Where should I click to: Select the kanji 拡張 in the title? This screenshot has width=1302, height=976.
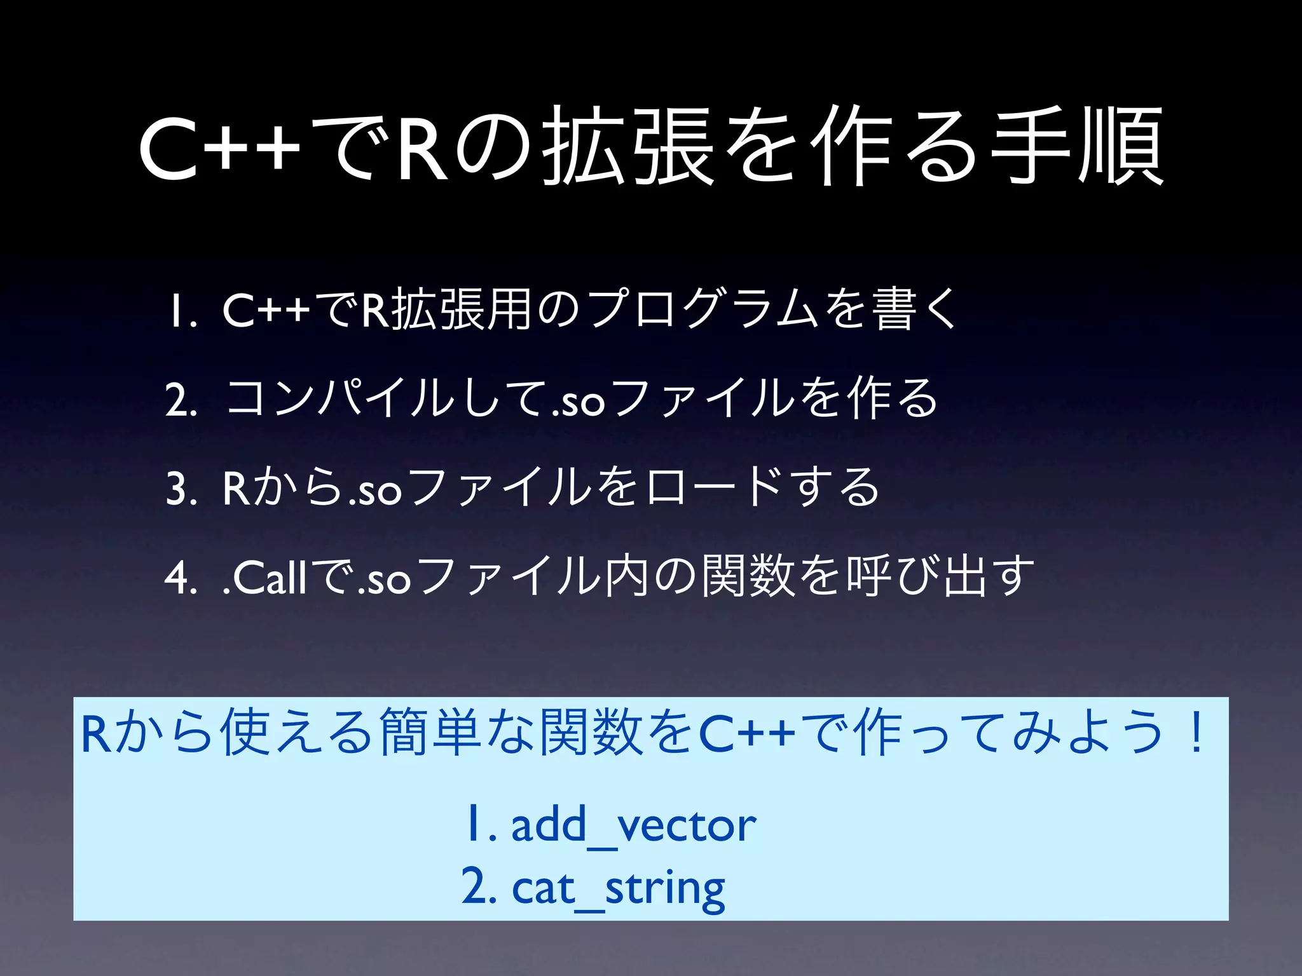point(628,147)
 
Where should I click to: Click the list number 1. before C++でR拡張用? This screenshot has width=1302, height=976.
point(181,311)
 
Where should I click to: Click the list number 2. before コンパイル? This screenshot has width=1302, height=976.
point(181,400)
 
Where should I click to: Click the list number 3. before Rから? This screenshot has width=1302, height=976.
point(181,489)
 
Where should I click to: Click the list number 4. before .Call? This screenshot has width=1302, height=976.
point(181,578)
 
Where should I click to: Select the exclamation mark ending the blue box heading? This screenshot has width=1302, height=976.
point(1196,733)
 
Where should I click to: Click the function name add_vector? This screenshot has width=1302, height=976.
point(633,826)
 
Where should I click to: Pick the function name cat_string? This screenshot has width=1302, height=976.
point(618,888)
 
